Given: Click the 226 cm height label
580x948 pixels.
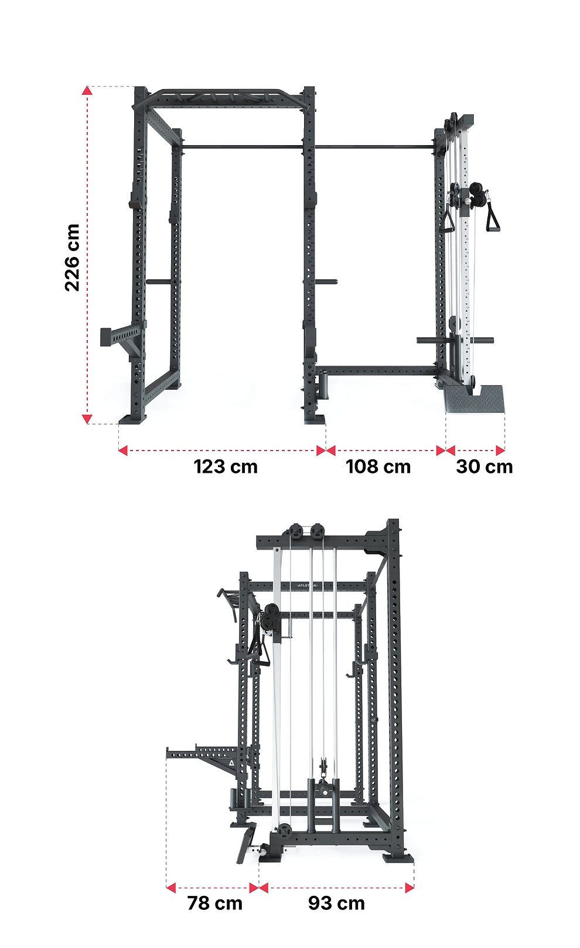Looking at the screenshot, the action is pos(72,257).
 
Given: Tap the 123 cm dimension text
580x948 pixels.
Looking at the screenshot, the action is pos(226,467).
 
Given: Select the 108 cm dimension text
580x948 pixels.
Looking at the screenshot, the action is pos(378,467).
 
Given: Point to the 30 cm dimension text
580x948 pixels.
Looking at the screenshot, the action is pos(485,467).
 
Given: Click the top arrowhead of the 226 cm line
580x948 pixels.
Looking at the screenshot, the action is pos(87,90).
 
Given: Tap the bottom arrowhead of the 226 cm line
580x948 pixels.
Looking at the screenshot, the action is pos(87,419).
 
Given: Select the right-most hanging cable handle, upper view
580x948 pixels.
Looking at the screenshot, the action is pos(492,217).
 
